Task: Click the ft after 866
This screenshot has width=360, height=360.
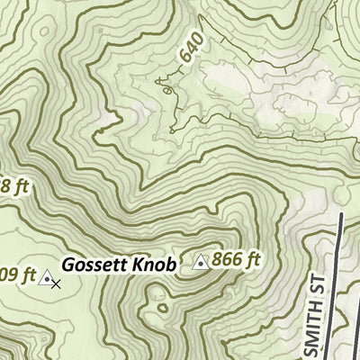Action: (x=252, y=260)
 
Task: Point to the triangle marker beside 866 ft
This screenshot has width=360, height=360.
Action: (x=201, y=263)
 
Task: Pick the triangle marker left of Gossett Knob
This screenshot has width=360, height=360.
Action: (x=46, y=279)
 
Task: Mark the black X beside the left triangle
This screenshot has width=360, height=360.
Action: (x=56, y=284)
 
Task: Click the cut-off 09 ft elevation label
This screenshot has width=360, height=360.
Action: (x=17, y=274)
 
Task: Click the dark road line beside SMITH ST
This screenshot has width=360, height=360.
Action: (x=339, y=288)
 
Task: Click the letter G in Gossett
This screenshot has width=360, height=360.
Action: (x=67, y=265)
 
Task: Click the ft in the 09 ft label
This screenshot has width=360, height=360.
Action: (x=28, y=274)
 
